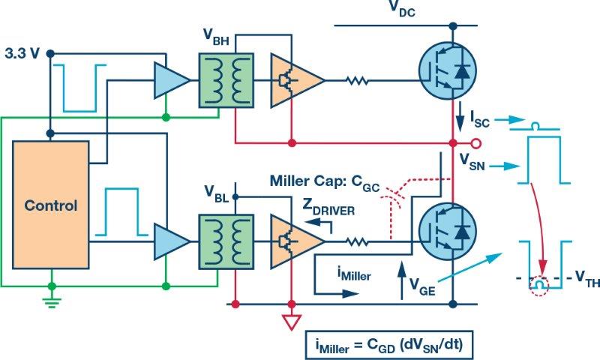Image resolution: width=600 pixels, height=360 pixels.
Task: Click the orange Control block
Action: (x=52, y=204)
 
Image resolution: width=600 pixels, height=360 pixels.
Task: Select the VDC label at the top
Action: (x=403, y=10)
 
